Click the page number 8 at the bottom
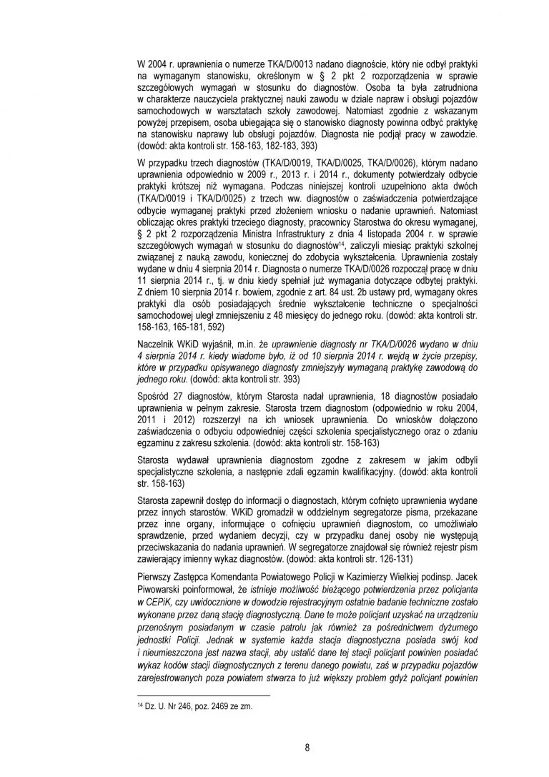[307, 748]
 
